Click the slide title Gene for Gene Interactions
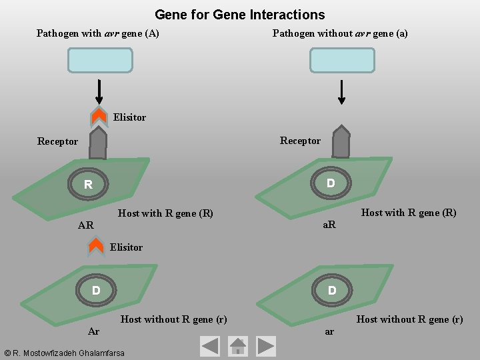point(239,15)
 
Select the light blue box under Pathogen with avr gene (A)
point(100,60)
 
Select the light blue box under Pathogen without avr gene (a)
point(342,60)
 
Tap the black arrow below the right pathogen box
point(342,92)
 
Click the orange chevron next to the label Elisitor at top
point(99,117)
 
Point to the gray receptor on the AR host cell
point(98,143)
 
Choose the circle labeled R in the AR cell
point(88,184)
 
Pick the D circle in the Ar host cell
point(96,291)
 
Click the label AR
point(86,225)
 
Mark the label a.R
point(329,225)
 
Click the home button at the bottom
point(238,345)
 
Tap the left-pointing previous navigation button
point(210,345)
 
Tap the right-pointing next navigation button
point(266,345)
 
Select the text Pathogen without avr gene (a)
point(340,33)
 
